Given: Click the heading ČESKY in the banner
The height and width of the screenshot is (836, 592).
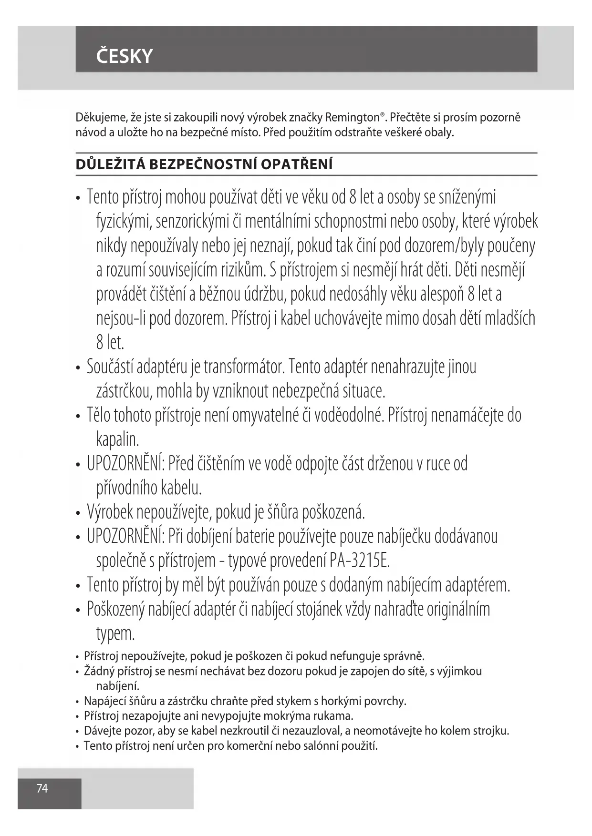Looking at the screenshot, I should point(124,56).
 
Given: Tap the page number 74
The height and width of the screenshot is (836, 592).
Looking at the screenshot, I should point(42,788).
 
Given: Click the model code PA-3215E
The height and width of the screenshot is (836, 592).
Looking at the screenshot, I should point(359,561).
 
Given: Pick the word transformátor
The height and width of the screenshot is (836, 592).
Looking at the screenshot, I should point(244,367).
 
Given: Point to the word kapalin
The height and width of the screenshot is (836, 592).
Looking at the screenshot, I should point(117,439).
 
